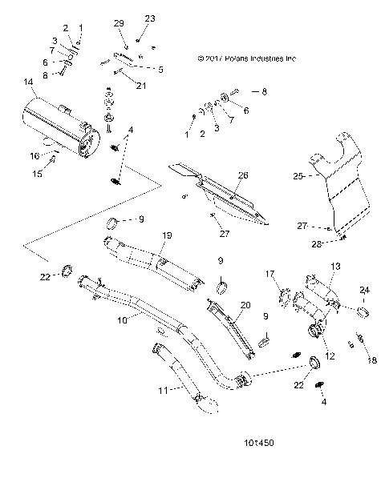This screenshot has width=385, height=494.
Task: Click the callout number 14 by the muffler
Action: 29,82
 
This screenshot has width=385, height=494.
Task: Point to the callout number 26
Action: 243,175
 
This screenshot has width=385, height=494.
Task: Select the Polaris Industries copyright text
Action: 246,58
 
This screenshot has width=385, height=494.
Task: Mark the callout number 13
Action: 335,266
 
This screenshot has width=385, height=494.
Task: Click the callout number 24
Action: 363,289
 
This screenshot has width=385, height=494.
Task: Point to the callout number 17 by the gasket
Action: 270,274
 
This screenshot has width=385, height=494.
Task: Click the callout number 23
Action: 149,18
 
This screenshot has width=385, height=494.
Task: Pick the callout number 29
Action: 120,24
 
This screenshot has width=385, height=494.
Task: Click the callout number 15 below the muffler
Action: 34,174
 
